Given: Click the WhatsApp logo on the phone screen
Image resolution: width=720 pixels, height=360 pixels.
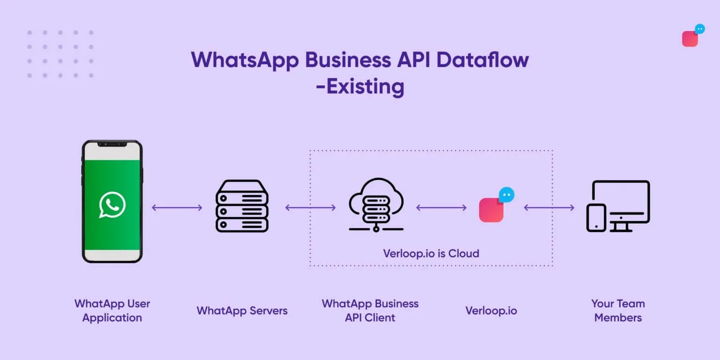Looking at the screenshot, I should coord(112,205).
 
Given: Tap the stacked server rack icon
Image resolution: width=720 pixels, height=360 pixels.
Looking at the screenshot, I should coord(242,206).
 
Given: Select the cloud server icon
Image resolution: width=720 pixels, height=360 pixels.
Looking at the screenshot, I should coord(376,205).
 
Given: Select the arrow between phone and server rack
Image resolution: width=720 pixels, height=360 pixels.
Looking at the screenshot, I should coord(177,208).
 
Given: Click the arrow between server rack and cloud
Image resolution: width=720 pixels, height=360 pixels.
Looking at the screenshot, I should coord(310,208).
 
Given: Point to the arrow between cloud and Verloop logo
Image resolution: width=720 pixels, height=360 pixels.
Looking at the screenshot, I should coord(441,208).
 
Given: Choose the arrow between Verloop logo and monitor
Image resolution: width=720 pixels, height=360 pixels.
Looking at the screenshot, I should coord(549,208).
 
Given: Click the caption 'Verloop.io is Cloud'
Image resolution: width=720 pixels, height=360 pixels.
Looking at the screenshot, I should coord(431,254).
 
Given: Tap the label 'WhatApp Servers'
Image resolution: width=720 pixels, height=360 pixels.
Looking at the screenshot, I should coord(242,311).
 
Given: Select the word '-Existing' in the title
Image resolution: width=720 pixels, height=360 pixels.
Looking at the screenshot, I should coord(360,87).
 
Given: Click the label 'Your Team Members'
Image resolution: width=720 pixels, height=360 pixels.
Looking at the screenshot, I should coord(618,310).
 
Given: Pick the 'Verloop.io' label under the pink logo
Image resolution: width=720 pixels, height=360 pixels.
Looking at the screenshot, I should coord(491,311).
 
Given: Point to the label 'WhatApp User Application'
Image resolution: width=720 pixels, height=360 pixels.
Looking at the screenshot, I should coord(112,310).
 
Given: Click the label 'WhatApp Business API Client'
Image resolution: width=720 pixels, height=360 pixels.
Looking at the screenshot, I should coord(370,310).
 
